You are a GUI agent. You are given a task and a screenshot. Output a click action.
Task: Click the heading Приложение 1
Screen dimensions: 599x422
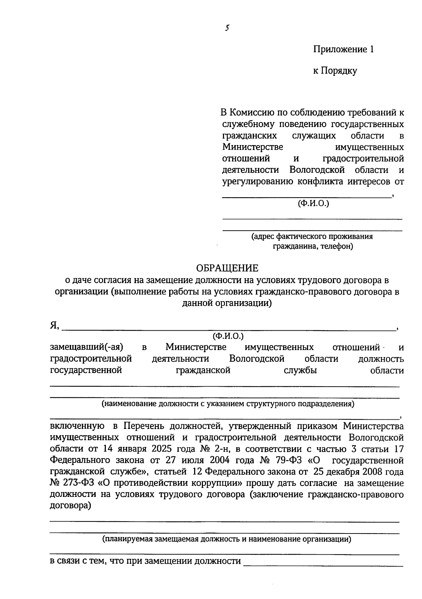pyautogui.click(x=344, y=49)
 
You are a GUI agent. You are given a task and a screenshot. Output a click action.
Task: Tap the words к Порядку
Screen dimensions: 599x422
pyautogui.click(x=335, y=71)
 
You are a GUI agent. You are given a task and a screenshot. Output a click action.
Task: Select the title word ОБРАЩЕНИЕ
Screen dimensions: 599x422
pyautogui.click(x=227, y=268)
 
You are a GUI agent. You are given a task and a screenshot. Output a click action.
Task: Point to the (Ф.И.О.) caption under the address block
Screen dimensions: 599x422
pyautogui.click(x=313, y=203)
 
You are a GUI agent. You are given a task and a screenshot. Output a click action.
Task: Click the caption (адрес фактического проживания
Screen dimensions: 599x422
pyautogui.click(x=312, y=236)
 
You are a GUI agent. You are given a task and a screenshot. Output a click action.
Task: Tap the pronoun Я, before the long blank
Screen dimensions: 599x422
pyautogui.click(x=54, y=326)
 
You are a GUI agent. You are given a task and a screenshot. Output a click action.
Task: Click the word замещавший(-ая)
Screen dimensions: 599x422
pyautogui.click(x=87, y=347)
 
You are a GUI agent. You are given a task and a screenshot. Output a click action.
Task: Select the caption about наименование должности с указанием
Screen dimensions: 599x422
pyautogui.click(x=228, y=404)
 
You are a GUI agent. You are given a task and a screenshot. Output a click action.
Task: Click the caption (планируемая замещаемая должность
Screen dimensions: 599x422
pyautogui.click(x=227, y=539)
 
